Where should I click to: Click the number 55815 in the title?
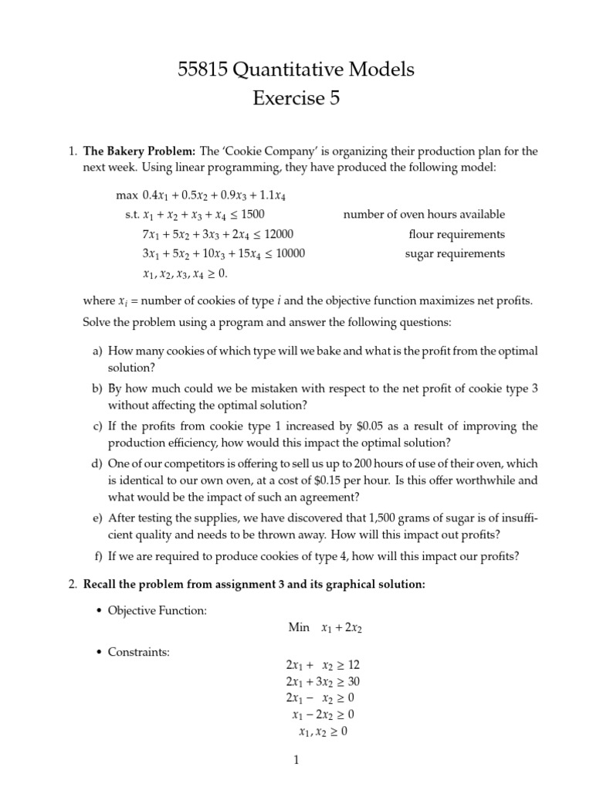coord(202,70)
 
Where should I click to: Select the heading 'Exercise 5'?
coord(296,99)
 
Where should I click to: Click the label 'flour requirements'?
coord(457,234)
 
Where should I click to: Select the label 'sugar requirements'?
coord(455,253)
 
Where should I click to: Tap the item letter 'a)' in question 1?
coord(97,351)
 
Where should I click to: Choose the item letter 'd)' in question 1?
coord(97,463)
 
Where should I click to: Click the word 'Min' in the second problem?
coord(299,628)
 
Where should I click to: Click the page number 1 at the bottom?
coord(296,760)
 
